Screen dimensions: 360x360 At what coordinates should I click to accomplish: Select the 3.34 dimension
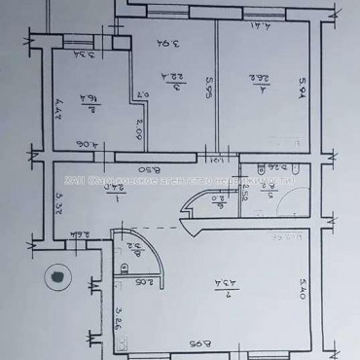[x=86, y=55]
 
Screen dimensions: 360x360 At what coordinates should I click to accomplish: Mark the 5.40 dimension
[x=306, y=288]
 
